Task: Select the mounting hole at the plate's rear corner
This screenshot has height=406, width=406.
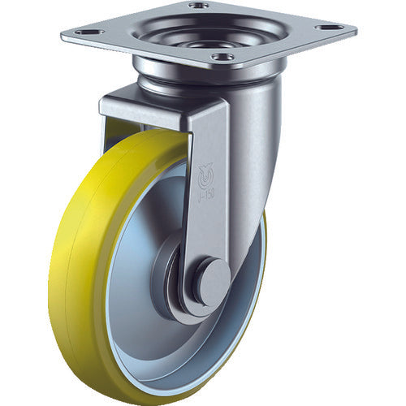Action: (x=198, y=6)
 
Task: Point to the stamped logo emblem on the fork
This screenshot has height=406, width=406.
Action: (x=205, y=172)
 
